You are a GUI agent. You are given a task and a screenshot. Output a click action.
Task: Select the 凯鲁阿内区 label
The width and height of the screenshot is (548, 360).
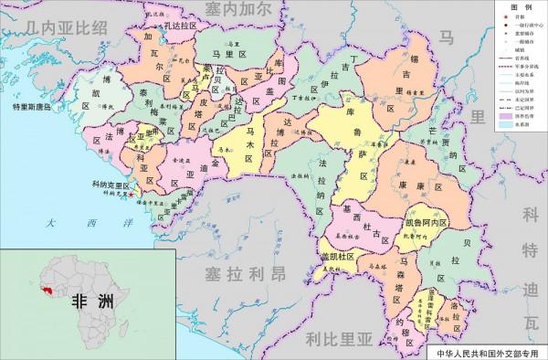425,223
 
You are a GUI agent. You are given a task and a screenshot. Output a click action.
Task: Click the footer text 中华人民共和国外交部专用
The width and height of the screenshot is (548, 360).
489,351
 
